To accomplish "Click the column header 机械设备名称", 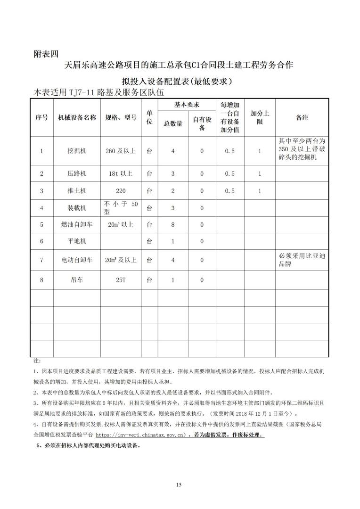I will tap(77, 118).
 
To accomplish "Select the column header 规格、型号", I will tap(121, 118).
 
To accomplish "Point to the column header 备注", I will tap(302, 118).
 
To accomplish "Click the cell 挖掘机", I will tap(77, 151).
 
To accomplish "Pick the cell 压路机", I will tap(77, 174).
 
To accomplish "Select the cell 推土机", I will tap(77, 191).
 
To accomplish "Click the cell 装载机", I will tap(77, 208).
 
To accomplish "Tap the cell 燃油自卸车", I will tap(77, 225).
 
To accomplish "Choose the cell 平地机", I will tap(77, 241).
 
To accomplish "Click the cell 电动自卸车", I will tap(77, 260).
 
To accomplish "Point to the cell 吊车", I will tap(77, 280).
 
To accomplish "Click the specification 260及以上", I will tap(121, 151).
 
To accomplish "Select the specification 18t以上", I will tap(121, 174).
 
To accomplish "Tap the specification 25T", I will tap(121, 280).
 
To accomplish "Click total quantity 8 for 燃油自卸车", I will tap(173, 225).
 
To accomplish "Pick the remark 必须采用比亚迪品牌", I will tap(302, 260).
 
